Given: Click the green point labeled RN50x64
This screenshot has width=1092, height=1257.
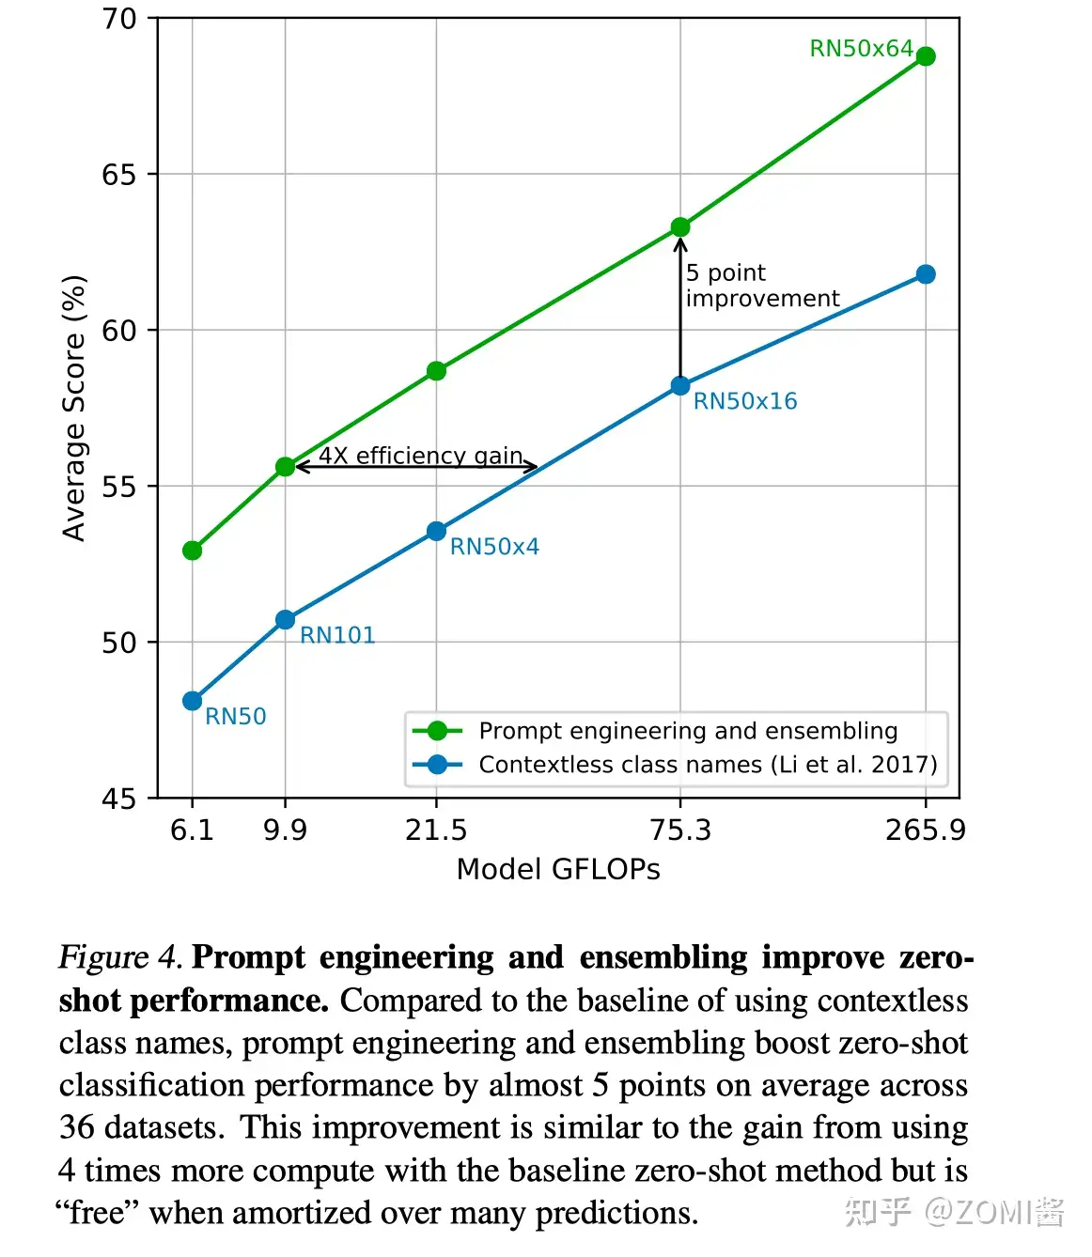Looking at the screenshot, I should point(925,56).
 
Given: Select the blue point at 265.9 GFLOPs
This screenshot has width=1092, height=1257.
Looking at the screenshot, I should point(925,274).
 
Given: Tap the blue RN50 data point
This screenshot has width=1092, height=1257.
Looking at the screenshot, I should point(193,701).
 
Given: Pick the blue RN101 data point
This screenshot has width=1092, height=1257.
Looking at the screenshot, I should point(286,620).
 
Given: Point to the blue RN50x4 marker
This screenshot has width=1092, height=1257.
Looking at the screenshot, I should point(436,532).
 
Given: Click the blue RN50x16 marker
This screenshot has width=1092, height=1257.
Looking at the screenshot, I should point(680,386).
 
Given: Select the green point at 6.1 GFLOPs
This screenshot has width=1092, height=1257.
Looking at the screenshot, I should point(193,551).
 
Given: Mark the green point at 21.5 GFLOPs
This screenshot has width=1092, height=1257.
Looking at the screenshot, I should point(436,371).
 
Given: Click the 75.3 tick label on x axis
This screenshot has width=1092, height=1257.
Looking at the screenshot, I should point(680,830).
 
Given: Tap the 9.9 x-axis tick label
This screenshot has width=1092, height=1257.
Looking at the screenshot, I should point(286,830).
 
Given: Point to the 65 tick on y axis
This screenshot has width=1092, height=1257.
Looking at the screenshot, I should point(119,175).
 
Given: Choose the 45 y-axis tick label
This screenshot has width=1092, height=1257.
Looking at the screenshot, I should point(119,799).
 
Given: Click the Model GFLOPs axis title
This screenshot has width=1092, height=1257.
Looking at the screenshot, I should point(558,870).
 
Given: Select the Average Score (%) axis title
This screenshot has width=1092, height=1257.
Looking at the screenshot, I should point(74,408).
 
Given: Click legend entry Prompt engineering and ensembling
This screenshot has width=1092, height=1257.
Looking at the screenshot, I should point(688,731).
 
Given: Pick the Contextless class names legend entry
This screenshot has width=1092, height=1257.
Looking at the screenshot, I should point(708,765).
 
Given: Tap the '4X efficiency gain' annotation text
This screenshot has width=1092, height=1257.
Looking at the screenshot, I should point(420,456).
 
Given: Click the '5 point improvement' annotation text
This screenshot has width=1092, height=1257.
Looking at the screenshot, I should point(761,286).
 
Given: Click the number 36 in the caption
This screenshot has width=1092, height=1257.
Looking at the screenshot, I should point(77,1127).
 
